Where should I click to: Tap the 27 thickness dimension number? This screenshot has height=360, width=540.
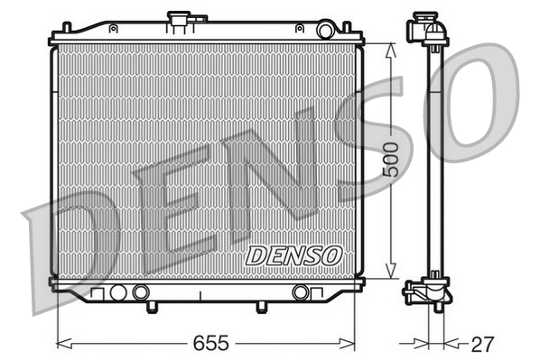[483, 344]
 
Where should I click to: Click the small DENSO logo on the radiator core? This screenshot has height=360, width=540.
[293, 256]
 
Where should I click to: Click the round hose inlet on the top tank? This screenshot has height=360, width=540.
[325, 31]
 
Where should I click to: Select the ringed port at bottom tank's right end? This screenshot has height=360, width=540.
[301, 292]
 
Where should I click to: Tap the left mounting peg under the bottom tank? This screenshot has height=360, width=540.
[151, 307]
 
